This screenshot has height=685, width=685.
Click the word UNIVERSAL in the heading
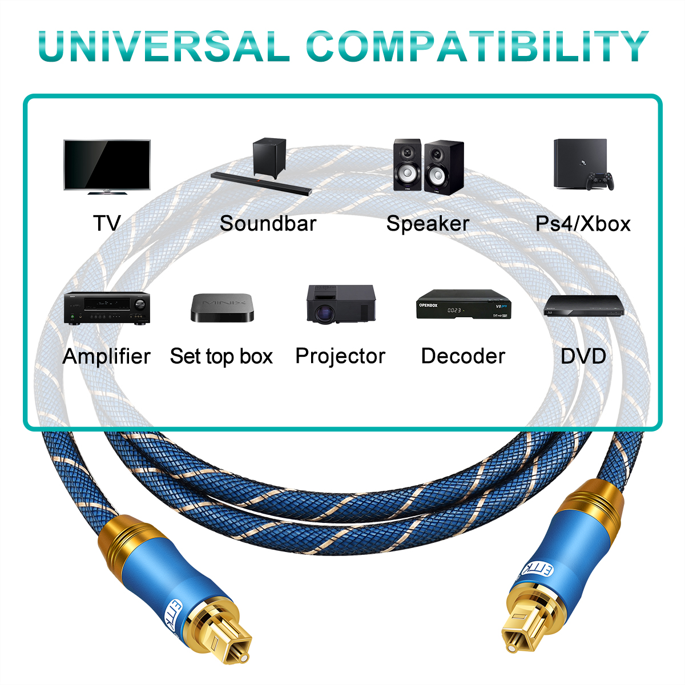(x=163, y=46)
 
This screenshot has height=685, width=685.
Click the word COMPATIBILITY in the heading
(x=477, y=46)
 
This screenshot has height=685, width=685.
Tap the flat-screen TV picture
(x=107, y=167)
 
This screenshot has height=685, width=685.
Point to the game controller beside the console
(x=600, y=181)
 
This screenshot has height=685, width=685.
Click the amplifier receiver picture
(x=107, y=309)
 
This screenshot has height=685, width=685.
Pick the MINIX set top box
(x=222, y=308)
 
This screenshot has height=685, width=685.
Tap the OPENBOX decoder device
(x=464, y=304)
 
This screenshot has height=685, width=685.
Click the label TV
(x=107, y=223)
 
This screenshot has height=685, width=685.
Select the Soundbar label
(x=268, y=223)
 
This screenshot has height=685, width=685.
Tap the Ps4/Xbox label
(x=583, y=224)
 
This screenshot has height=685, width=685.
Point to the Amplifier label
(x=106, y=356)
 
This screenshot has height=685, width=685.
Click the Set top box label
(x=221, y=356)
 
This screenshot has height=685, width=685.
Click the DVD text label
(x=583, y=356)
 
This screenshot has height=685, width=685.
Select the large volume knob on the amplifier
(x=140, y=304)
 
